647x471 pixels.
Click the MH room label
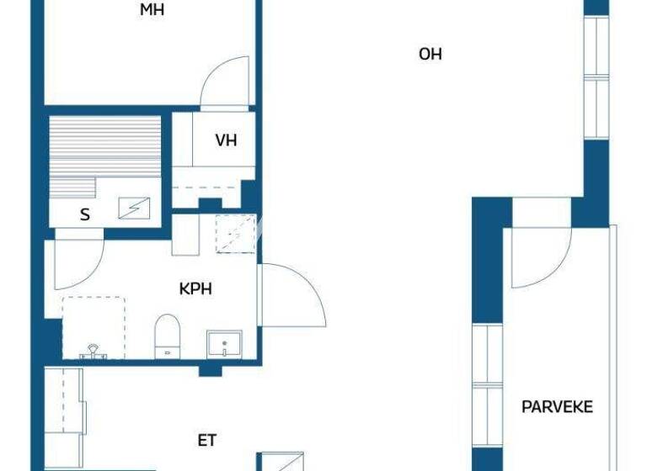(152, 10)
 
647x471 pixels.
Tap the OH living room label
(430, 55)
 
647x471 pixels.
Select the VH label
(226, 140)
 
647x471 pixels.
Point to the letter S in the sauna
(84, 214)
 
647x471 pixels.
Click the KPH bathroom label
(195, 288)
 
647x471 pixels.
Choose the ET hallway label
(207, 439)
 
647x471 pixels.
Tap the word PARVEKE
(557, 407)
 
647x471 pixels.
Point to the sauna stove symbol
(135, 207)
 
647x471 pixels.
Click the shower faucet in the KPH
(93, 352)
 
